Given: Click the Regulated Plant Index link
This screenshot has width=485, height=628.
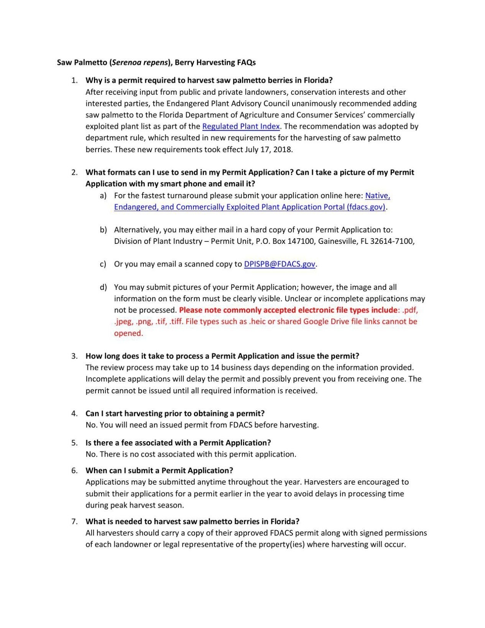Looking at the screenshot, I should click(x=241, y=127).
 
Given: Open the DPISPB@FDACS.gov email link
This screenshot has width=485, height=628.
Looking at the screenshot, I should click(x=279, y=264).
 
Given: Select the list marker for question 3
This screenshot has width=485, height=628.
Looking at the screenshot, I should click(x=74, y=356).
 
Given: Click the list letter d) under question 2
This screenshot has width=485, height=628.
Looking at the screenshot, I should click(x=103, y=287).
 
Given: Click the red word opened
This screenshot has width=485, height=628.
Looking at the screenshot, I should click(x=128, y=333).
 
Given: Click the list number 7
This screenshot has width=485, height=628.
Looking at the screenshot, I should click(x=74, y=521).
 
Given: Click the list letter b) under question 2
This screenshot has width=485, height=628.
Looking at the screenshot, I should click(x=103, y=230).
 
